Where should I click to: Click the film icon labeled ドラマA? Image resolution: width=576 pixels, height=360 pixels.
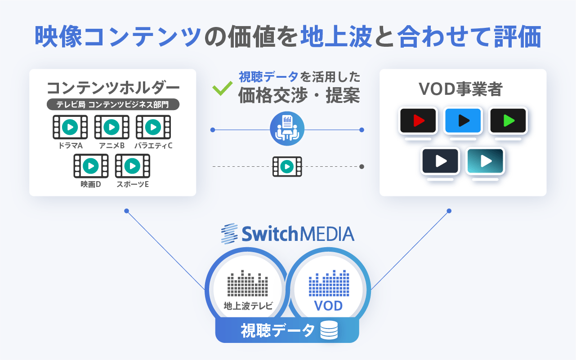(70, 127)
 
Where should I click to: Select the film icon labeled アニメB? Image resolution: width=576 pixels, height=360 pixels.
(112, 127)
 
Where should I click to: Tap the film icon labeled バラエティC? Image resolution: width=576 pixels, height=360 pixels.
(153, 127)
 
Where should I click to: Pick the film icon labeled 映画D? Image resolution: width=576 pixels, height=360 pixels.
(91, 166)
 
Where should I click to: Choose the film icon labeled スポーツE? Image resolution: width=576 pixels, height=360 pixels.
(133, 166)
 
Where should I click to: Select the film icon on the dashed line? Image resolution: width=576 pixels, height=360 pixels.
(287, 167)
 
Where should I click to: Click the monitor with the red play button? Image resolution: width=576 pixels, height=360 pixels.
(418, 120)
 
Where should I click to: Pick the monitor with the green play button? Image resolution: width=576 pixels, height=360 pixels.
(508, 120)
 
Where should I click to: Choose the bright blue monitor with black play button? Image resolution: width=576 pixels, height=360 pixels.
(463, 120)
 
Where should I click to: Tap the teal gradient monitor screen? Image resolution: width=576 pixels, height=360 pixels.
(485, 161)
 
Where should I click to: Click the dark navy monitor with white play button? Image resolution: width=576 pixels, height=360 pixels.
(440, 161)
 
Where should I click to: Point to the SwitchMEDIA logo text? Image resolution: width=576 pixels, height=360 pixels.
(288, 234)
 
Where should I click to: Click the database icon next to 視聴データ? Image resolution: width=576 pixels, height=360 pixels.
(329, 331)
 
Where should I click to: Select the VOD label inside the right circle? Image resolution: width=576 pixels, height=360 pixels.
(328, 306)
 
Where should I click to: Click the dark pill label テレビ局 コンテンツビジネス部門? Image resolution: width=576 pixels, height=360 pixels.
(113, 104)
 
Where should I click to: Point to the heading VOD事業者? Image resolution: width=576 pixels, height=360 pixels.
(463, 89)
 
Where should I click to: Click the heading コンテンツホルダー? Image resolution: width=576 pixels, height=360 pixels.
(113, 87)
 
